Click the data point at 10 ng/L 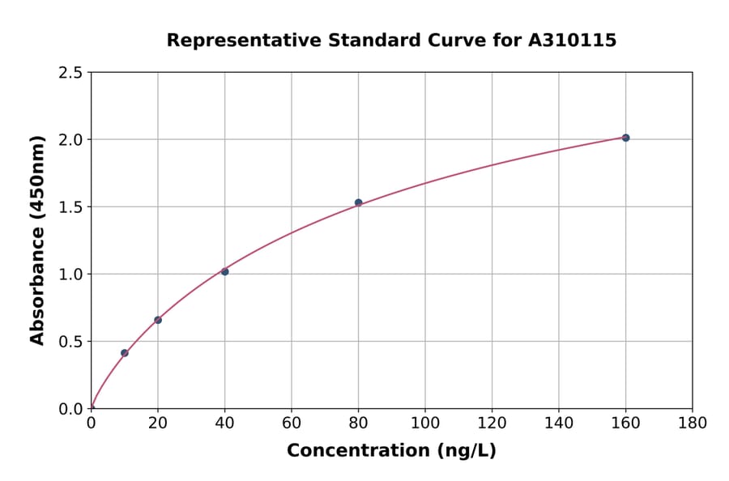pos(124,353)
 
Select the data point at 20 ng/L pos(158,320)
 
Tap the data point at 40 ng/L pos(224,271)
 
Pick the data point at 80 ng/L pos(358,202)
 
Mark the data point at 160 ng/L pos(625,138)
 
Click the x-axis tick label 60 pos(292,423)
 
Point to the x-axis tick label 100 pos(425,423)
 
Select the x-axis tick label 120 pos(492,423)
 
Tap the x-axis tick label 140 pos(559,423)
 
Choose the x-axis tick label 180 pos(693,423)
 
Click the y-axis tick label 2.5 pos(70,73)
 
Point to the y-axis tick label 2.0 pos(70,140)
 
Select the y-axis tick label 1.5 pos(70,207)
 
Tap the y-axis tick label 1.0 pos(70,275)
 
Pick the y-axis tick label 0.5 pos(70,342)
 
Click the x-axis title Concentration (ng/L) pos(391,451)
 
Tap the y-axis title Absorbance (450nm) pos(37,240)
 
